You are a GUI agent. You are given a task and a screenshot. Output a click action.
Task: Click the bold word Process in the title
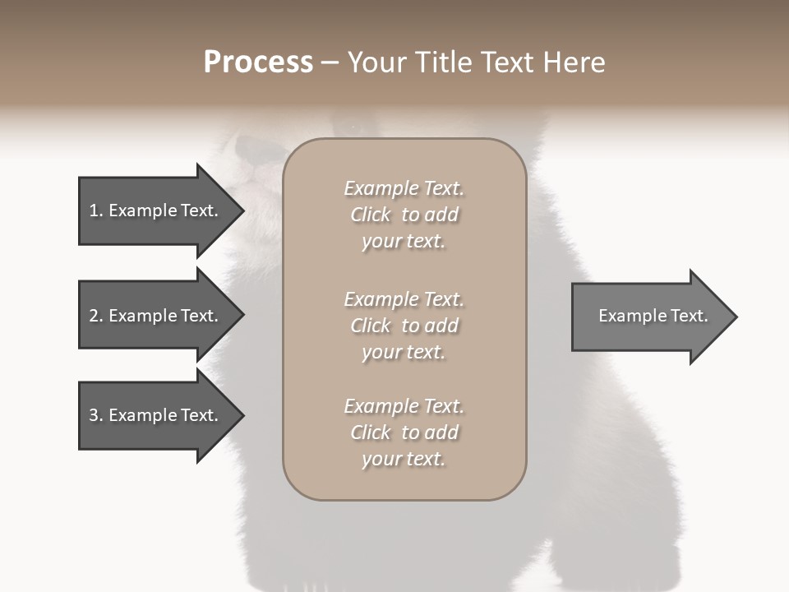pyautogui.click(x=258, y=62)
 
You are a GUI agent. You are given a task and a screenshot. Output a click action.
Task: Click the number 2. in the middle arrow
pyautogui.click(x=96, y=316)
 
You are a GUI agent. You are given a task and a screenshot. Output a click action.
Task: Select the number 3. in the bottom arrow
pyautogui.click(x=96, y=415)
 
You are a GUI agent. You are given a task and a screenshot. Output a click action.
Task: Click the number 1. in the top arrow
pyautogui.click(x=96, y=210)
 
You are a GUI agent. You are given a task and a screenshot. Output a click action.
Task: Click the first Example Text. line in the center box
pyautogui.click(x=404, y=188)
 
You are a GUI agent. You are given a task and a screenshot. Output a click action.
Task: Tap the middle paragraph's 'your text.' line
pyautogui.click(x=404, y=352)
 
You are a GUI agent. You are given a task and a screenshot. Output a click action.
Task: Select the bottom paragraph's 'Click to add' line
pyautogui.click(x=404, y=432)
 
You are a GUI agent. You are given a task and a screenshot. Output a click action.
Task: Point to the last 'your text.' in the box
pyautogui.click(x=404, y=459)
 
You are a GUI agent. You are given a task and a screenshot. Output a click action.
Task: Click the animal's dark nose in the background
pyautogui.click(x=251, y=148)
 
